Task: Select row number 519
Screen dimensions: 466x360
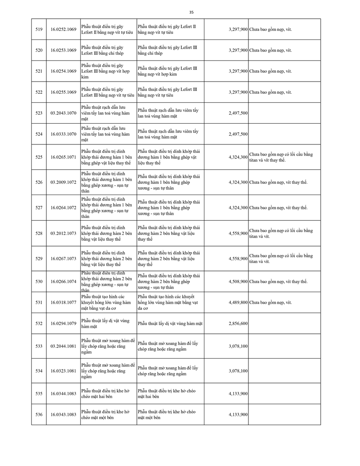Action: coord(39,29)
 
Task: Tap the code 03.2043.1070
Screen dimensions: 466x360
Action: coord(63,113)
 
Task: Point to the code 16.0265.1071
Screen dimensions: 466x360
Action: coord(63,157)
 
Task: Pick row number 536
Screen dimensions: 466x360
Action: coord(39,414)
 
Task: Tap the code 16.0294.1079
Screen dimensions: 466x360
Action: coord(63,323)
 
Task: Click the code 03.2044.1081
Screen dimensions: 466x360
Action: coord(63,346)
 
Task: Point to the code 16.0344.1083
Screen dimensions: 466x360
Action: coord(63,393)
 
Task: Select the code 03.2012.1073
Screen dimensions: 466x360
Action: coord(63,233)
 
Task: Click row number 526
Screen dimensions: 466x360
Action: coord(39,182)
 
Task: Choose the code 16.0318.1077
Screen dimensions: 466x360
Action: coord(63,302)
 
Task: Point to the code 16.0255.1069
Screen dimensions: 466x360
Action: coord(63,92)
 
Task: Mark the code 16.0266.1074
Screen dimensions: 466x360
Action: coord(63,282)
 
